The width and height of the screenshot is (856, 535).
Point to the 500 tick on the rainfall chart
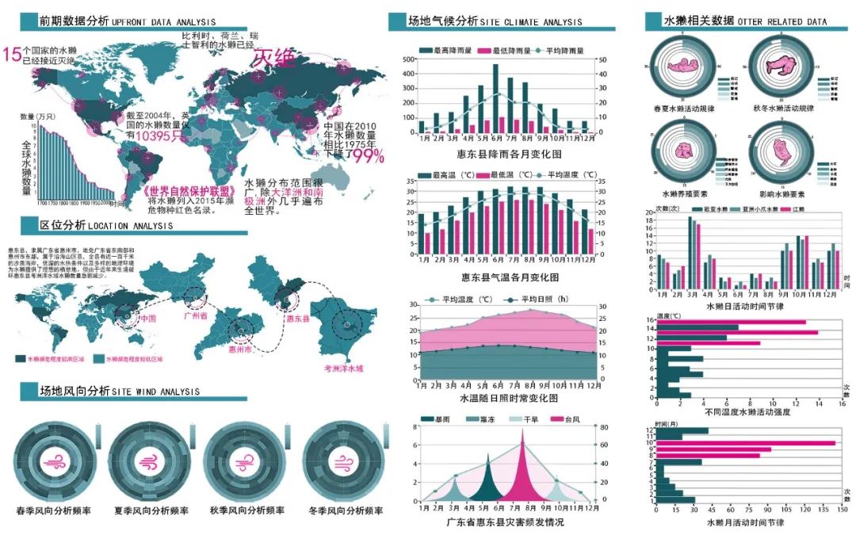point(410,59)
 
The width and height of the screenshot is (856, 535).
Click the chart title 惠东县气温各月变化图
point(510,277)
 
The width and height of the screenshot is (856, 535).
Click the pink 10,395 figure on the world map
point(159,136)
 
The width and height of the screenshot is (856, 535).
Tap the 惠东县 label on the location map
point(296,318)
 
